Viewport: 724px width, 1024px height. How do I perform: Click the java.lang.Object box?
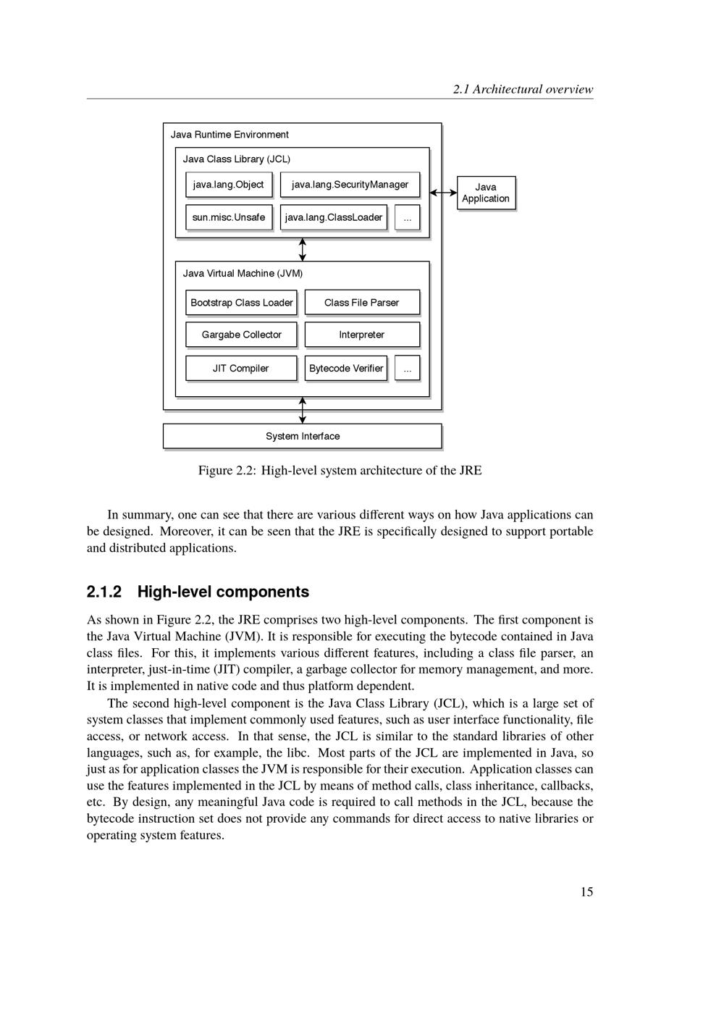229,185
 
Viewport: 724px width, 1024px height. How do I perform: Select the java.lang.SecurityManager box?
350,185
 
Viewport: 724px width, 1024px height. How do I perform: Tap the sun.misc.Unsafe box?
229,217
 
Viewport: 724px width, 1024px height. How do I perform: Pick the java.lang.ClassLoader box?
334,217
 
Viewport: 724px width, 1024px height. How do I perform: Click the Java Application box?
486,193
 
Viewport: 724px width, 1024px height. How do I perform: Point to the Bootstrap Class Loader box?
241,303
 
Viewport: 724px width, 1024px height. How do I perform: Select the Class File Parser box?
362,303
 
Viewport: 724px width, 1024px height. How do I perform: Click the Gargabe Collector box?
241,335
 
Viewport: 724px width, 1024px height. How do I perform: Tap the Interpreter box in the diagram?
362,335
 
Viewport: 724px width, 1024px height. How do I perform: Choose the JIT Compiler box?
241,368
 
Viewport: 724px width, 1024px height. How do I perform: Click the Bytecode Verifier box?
346,368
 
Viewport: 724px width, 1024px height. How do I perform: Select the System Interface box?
302,436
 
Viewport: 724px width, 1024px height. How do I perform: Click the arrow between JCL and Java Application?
443,193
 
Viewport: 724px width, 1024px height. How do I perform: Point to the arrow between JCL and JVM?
303,249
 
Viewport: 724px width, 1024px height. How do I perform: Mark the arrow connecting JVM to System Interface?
303,411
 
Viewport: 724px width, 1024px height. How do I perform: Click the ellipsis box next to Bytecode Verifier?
407,368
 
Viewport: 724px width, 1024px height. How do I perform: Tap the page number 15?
586,892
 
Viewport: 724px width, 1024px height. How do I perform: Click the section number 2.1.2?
104,592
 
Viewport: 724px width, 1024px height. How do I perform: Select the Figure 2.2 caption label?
227,471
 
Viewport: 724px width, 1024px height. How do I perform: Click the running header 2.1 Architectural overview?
523,90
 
